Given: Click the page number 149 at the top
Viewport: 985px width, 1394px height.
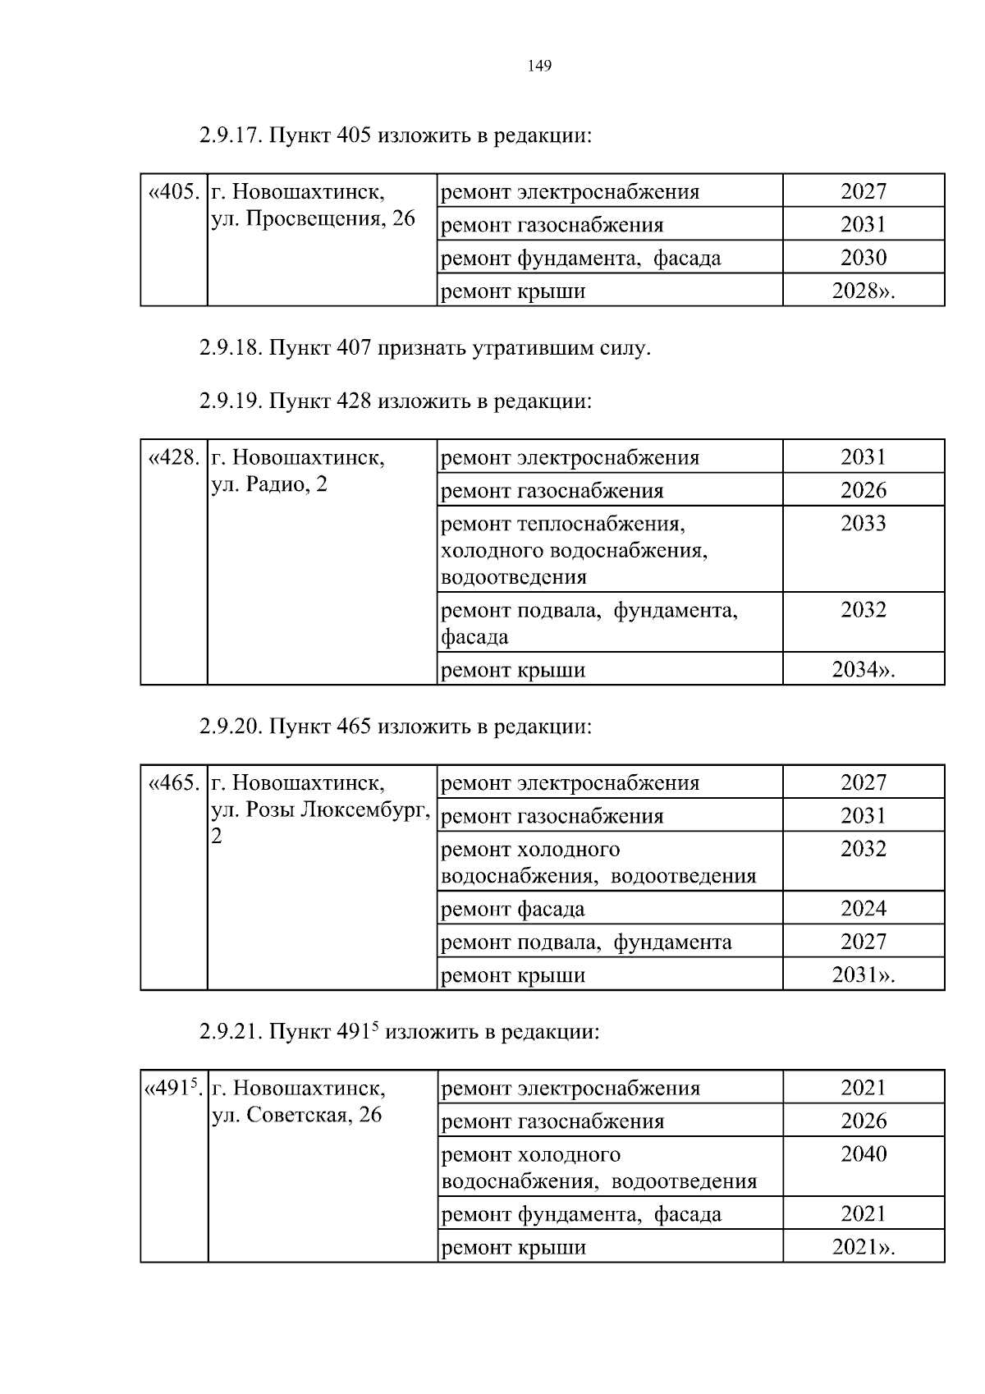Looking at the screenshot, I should pyautogui.click(x=539, y=66).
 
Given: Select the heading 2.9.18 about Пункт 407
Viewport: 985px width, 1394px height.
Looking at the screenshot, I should pyautogui.click(x=424, y=348).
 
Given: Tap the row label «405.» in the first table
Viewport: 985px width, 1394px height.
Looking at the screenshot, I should pyautogui.click(x=173, y=192).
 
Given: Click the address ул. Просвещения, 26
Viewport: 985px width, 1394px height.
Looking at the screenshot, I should pyautogui.click(x=314, y=219).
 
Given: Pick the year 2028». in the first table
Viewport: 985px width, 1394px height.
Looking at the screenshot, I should pyautogui.click(x=864, y=291).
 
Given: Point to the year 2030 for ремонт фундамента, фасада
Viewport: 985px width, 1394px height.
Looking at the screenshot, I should pyautogui.click(x=864, y=258).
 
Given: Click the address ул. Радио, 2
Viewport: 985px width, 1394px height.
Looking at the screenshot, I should pyautogui.click(x=269, y=484).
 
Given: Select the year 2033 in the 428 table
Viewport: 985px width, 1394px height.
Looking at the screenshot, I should pyautogui.click(x=864, y=524).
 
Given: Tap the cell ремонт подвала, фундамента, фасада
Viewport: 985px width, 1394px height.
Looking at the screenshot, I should pyautogui.click(x=589, y=623).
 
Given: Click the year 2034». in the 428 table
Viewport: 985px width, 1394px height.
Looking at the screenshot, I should pyautogui.click(x=864, y=670).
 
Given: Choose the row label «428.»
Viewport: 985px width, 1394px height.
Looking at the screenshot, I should pyautogui.click(x=173, y=457).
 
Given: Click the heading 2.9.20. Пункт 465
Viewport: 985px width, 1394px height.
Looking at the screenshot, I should pyautogui.click(x=395, y=727).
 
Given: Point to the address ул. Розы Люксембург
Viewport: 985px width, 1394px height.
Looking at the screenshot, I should pyautogui.click(x=320, y=810).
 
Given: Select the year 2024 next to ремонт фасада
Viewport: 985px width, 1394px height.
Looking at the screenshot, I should pyautogui.click(x=864, y=908).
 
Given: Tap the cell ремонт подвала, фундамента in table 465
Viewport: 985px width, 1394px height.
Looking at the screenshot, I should pyautogui.click(x=586, y=942).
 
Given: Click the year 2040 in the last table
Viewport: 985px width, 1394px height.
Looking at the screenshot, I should pyautogui.click(x=864, y=1154).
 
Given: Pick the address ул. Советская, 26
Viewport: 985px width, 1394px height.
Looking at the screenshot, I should pyautogui.click(x=297, y=1115).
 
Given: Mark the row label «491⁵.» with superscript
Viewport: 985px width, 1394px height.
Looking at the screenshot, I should pyautogui.click(x=173, y=1089).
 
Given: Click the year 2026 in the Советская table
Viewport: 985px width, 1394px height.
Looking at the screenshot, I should pyautogui.click(x=864, y=1121).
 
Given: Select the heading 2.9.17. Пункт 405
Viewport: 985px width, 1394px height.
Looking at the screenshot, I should pyautogui.click(x=395, y=135).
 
